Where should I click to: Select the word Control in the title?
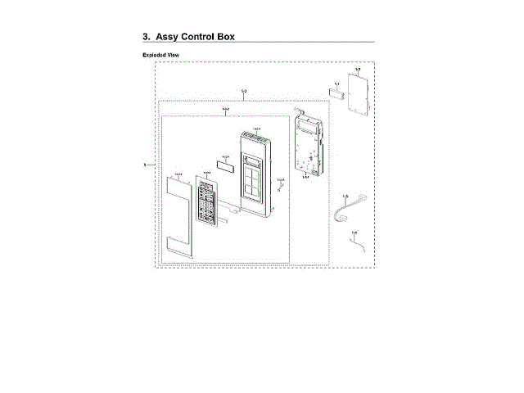pyautogui.click(x=211, y=37)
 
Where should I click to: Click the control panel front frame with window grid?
pyautogui.click(x=255, y=176)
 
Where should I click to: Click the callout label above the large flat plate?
pyautogui.click(x=358, y=70)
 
